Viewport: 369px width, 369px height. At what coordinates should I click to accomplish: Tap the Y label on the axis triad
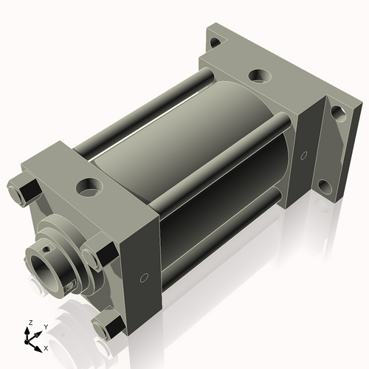coord(45,326)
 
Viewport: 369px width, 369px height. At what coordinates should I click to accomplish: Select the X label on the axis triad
coord(46,347)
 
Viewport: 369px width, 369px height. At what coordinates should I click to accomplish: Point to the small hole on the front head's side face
coord(145,278)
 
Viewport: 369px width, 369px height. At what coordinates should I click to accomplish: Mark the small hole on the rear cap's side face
coord(302,155)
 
